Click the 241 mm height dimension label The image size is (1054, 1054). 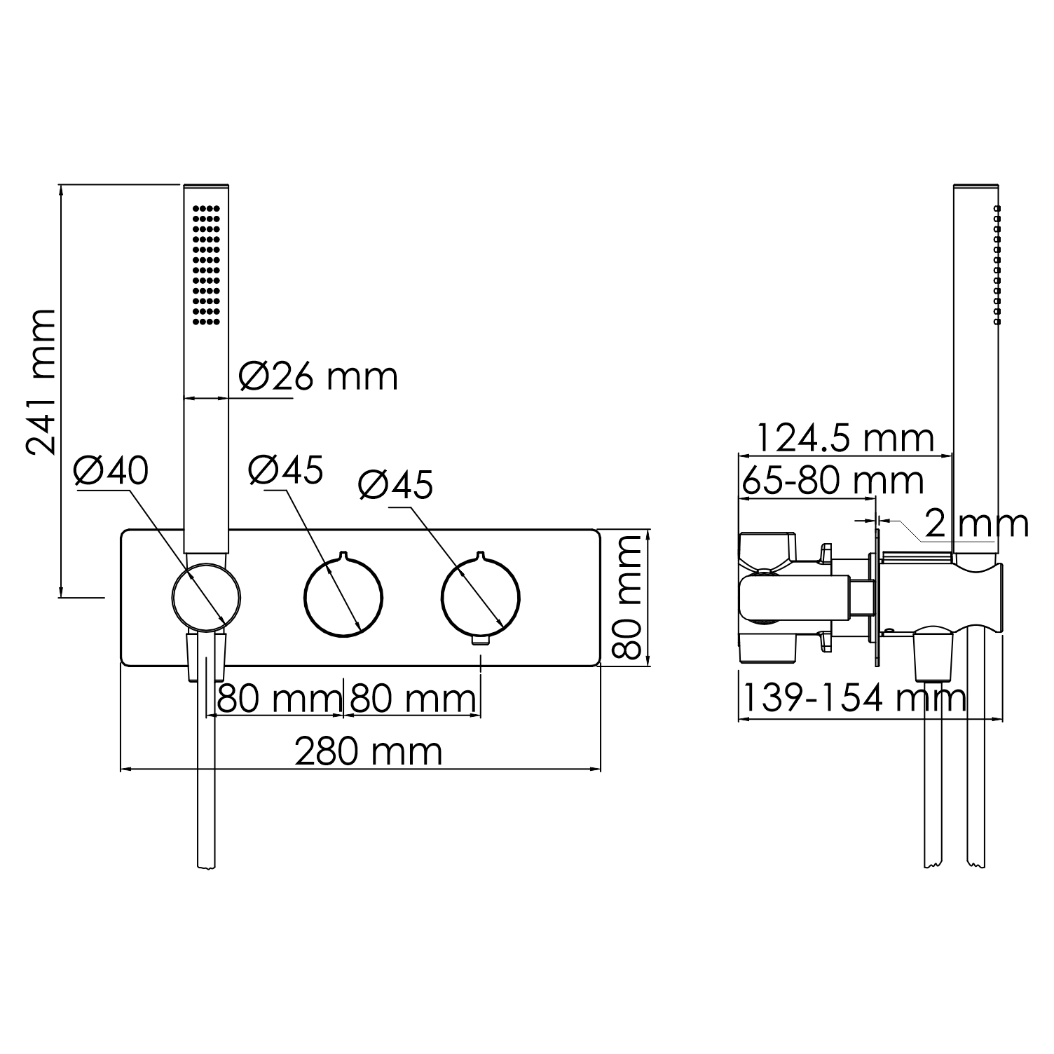pyautogui.click(x=40, y=382)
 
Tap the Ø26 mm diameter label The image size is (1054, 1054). pyautogui.click(x=318, y=376)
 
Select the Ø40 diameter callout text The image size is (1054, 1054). pyautogui.click(x=111, y=470)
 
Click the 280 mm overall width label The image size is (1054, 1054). pyautogui.click(x=368, y=752)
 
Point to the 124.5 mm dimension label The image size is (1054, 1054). pyautogui.click(x=844, y=439)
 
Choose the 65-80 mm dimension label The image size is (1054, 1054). pyautogui.click(x=833, y=481)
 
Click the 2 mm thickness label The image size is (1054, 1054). pyautogui.click(x=976, y=523)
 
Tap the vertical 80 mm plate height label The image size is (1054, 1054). pyautogui.click(x=626, y=597)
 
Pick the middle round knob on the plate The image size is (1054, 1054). pyautogui.click(x=343, y=597)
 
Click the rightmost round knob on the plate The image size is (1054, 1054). pyautogui.click(x=481, y=597)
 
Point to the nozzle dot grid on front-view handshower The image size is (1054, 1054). pyautogui.click(x=206, y=264)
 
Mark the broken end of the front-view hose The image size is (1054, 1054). pyautogui.click(x=206, y=866)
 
